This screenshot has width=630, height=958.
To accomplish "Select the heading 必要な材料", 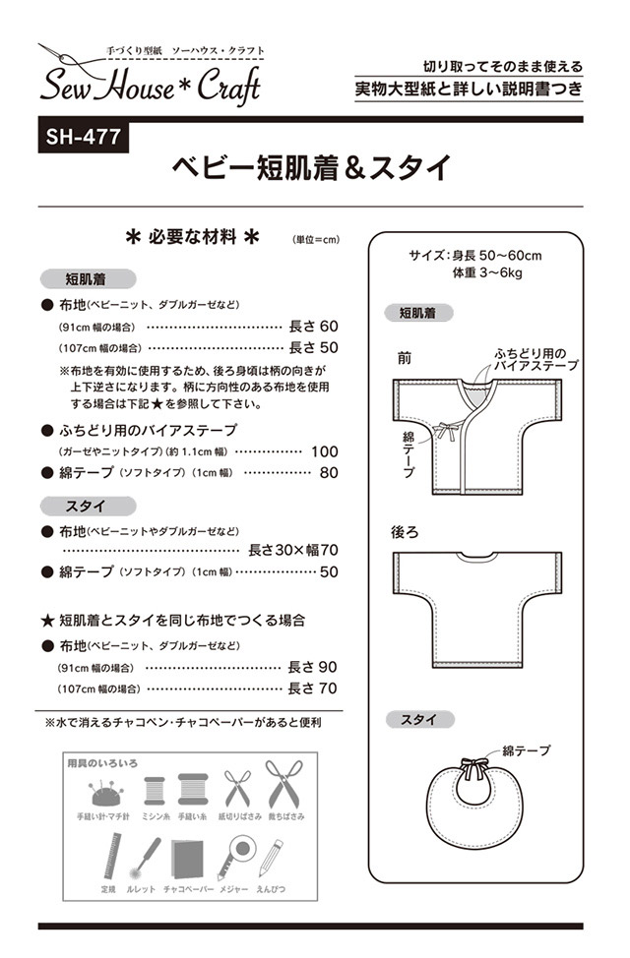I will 193,237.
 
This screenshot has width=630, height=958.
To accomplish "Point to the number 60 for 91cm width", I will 329,326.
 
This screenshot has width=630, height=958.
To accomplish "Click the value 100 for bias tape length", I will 324,451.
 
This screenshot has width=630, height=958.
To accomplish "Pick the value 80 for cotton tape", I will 329,473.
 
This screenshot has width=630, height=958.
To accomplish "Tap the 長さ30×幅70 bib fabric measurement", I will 293,550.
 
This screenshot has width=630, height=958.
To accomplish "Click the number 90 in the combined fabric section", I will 329,667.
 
